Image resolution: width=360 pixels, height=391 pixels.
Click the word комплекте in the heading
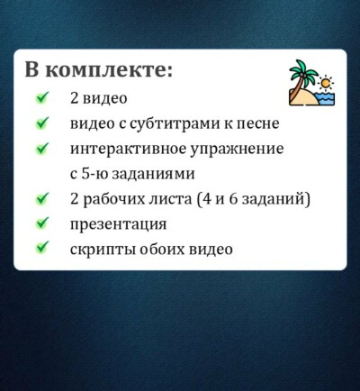109,71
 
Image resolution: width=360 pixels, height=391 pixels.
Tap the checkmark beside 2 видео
41,98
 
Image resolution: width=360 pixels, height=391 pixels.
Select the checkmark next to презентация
41,223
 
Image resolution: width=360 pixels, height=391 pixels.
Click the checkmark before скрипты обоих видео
41,249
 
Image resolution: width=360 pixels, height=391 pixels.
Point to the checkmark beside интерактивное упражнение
41,149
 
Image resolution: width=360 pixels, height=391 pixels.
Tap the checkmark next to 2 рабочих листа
41,198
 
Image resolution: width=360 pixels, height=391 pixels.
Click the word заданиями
153,175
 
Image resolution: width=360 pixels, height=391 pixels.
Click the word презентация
118,224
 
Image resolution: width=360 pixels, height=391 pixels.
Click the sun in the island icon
326,83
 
